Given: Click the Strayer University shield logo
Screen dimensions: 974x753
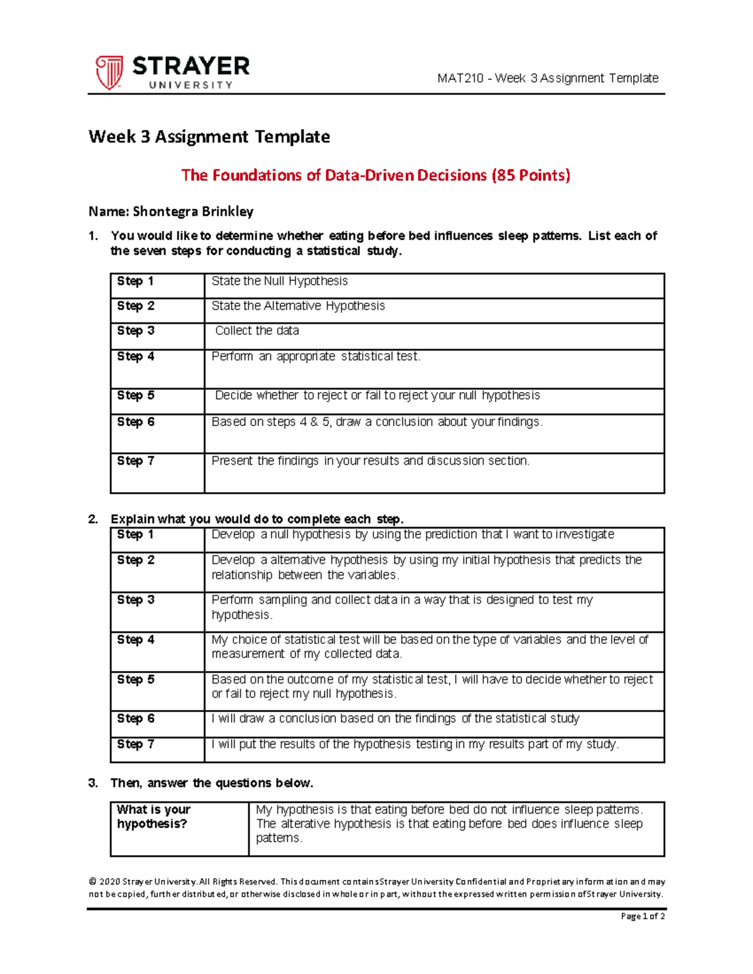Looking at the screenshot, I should click(109, 71).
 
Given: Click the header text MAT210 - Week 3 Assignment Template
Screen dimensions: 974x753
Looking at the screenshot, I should click(548, 78).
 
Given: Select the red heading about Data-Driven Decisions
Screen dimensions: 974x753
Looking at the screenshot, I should click(375, 175).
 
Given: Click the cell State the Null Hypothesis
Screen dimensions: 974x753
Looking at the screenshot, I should click(279, 282).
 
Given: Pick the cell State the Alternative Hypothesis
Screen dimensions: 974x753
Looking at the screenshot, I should click(298, 306).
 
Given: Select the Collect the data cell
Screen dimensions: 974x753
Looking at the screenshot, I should click(257, 331).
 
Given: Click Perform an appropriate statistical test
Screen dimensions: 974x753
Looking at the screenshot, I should click(316, 357).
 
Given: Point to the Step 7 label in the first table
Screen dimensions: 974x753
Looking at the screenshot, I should click(136, 461).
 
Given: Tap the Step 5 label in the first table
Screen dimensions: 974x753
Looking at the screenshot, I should click(136, 396).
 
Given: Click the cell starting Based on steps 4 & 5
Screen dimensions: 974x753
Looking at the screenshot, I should click(376, 422).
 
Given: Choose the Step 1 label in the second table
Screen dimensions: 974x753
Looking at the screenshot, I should click(136, 535).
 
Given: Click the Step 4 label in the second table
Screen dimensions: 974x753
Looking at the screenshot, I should click(136, 640).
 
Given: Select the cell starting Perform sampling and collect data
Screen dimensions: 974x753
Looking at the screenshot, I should click(402, 607).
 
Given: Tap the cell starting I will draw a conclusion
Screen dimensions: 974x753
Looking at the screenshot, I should click(395, 719).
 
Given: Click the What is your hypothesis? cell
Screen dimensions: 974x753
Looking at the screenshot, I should click(153, 817).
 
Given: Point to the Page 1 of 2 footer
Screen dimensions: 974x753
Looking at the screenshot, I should click(642, 916).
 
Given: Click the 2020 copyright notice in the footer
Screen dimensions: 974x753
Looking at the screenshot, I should click(376, 888).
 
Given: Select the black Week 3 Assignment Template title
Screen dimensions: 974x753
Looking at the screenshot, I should click(209, 137).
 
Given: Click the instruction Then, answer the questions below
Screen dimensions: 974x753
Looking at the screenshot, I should click(211, 783).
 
